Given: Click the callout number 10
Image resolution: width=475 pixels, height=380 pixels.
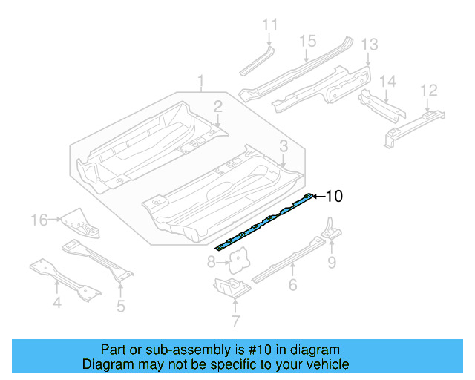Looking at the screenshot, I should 334,196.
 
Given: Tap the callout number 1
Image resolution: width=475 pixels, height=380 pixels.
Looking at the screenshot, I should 200,80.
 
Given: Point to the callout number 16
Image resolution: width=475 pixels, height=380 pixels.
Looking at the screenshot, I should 39,219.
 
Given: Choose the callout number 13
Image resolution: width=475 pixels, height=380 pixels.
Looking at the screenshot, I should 369,46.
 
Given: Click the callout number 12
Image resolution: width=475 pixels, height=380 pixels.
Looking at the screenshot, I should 428,91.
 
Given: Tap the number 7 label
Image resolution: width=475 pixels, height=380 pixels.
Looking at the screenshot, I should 235,321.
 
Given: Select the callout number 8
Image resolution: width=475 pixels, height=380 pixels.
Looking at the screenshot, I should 211,261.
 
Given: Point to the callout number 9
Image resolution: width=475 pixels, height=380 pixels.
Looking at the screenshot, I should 332,261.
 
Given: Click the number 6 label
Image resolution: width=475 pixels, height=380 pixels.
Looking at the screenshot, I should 292,284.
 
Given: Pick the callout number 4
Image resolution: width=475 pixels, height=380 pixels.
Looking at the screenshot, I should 56,303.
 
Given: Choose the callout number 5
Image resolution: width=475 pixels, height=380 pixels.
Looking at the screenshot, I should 120,304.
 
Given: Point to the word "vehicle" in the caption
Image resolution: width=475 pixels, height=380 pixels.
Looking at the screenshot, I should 324,364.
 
